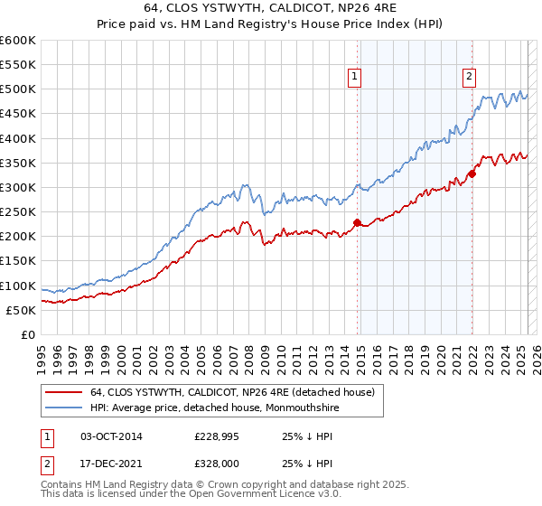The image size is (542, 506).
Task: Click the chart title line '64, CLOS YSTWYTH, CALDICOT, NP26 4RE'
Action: coord(271,9)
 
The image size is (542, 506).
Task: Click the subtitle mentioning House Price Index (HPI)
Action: coord(271,25)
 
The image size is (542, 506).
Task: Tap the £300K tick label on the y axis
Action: coord(18,187)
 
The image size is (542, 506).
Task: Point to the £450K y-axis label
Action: coord(18,114)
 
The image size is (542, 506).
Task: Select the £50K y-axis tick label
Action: coord(21,310)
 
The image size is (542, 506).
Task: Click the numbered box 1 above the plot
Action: coord(356,78)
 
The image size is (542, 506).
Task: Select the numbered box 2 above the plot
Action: coord(470,78)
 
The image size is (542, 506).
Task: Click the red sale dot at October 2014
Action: coord(357,222)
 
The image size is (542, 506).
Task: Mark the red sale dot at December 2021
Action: coord(472,173)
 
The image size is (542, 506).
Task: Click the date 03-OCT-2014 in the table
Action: coord(112,437)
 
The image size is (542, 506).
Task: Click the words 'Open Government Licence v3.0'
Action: coord(272,496)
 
